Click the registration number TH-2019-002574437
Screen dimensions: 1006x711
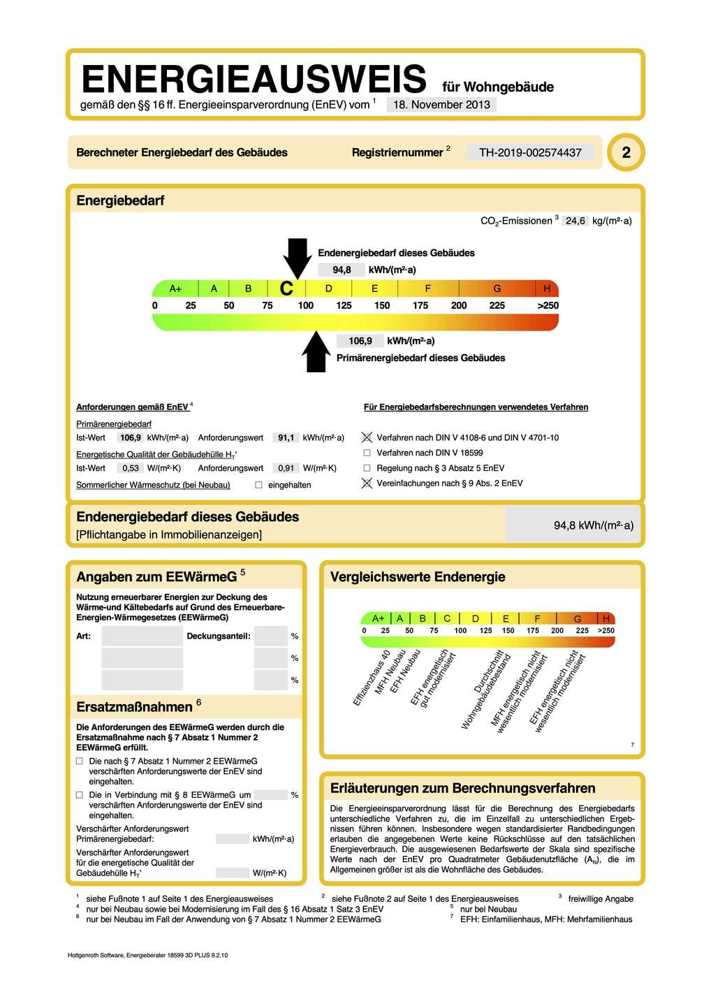530,152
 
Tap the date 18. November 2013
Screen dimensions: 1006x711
441,105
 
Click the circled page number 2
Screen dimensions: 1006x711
626,152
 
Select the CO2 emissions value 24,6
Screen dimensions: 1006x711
576,221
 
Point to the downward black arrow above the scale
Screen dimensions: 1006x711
298,256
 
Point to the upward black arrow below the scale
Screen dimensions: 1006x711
316,351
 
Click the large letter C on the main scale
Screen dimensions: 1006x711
286,289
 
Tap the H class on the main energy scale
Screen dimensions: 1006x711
547,289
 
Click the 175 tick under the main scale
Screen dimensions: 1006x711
420,305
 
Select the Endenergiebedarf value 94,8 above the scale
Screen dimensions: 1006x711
342,270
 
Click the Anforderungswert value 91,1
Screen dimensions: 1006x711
286,438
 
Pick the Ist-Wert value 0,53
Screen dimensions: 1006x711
131,468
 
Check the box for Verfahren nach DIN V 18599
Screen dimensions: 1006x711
367,453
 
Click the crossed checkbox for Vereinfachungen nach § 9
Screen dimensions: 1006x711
367,483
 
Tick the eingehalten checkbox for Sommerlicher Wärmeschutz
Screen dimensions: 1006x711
258,485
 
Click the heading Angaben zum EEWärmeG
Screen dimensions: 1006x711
156,577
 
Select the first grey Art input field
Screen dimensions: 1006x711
142,636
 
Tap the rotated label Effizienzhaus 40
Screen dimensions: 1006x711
372,678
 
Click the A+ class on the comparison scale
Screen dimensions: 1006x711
378,618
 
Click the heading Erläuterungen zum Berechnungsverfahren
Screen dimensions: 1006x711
462,788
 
